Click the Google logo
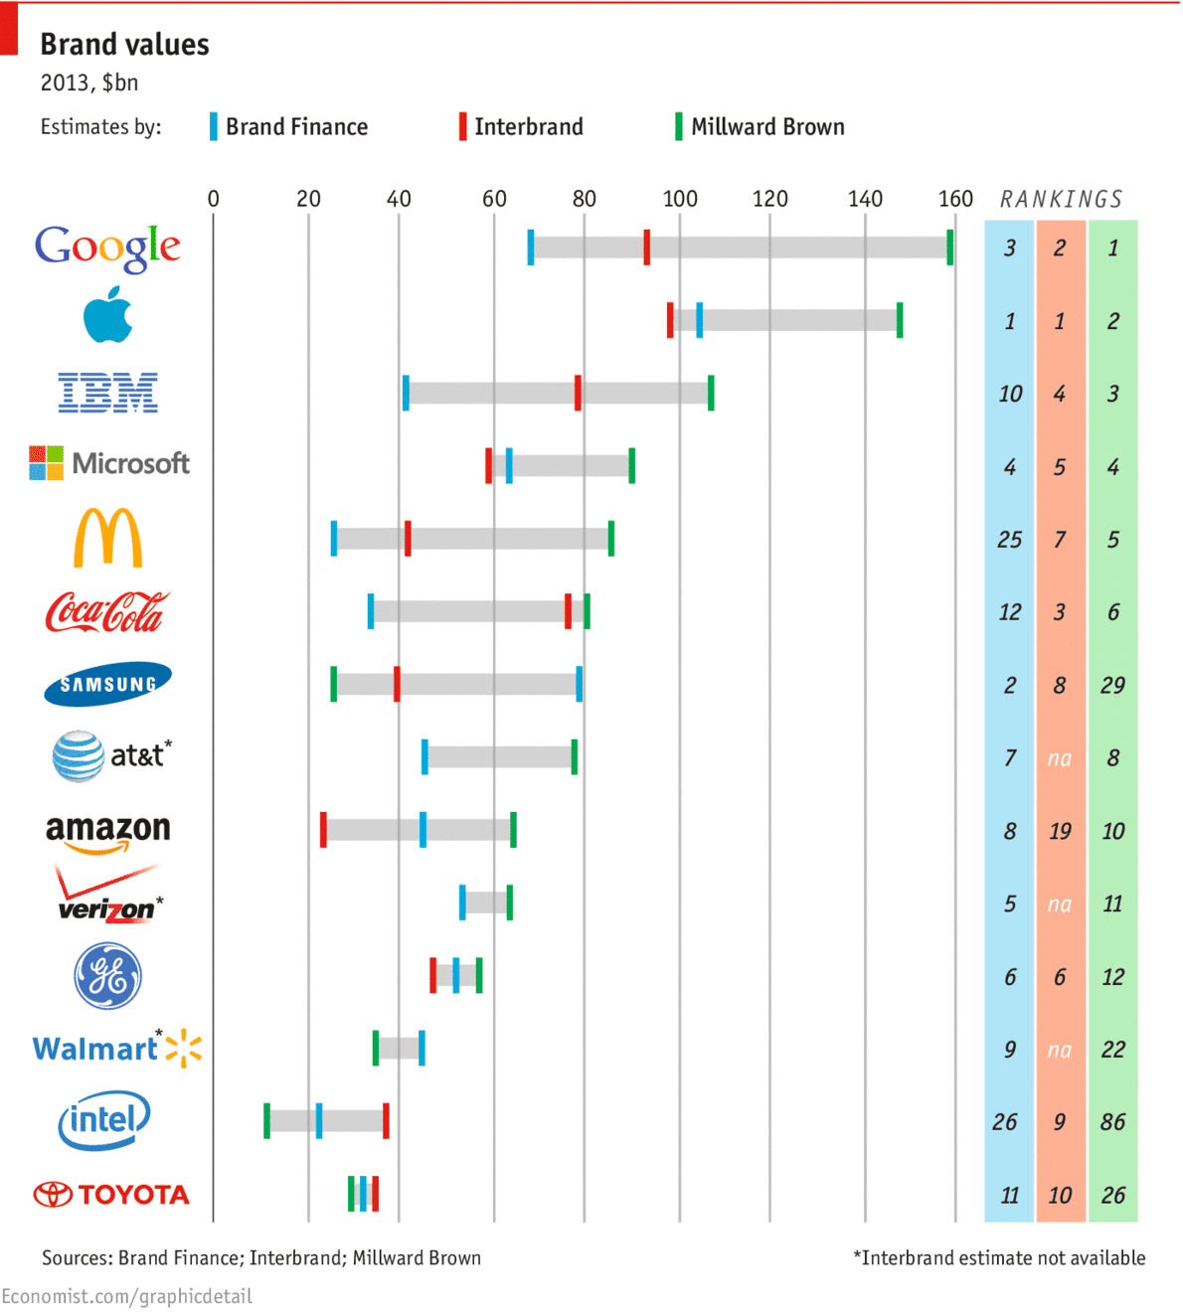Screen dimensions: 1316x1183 pos(107,247)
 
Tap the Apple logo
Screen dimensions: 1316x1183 pos(107,316)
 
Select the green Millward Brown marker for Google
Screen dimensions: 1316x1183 pos(950,247)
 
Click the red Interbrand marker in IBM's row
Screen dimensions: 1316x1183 pos(578,393)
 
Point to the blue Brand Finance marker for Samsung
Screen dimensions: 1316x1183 pos(580,684)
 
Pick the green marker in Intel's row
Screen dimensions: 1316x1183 pos(266,1120)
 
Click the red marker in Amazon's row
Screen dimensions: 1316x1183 pos(323,829)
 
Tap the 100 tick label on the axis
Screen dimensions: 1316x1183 pos(680,199)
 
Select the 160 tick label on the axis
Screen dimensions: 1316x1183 pos(955,199)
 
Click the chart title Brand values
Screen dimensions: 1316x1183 pos(124,45)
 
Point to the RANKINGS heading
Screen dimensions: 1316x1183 pos(1061,200)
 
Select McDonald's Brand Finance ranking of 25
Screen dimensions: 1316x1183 pos(1009,540)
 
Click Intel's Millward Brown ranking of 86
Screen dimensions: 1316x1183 pos(1112,1122)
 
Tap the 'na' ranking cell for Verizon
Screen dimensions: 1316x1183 pos(1060,905)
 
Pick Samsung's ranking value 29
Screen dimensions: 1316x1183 pos(1112,686)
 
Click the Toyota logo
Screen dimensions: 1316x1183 pos(111,1194)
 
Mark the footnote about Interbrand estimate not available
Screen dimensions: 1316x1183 pos(999,1258)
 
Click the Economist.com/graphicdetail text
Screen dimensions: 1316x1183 pos(126,1297)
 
